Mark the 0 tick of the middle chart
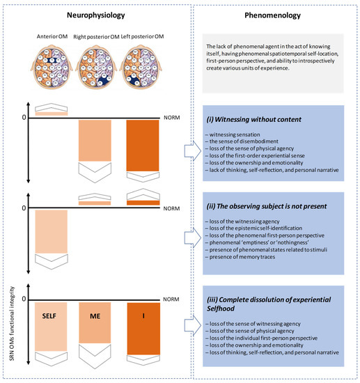24,208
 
